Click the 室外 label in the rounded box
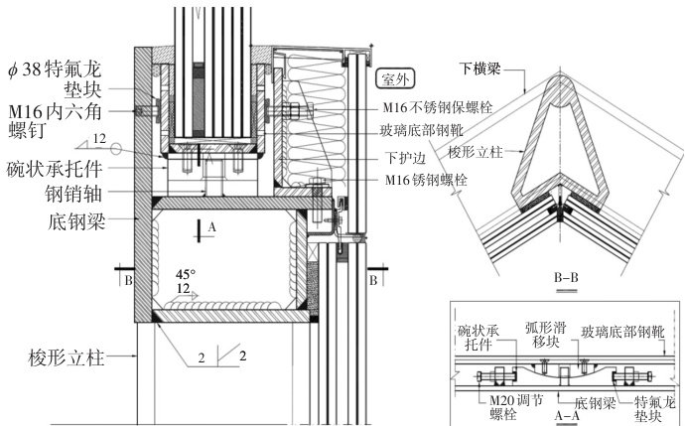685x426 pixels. coord(394,75)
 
